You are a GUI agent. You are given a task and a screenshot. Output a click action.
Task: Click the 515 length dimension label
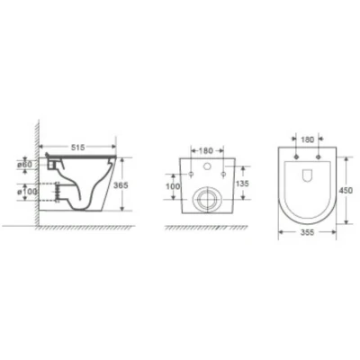(x=77, y=147)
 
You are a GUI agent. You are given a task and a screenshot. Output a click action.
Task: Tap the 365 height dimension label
(x=121, y=185)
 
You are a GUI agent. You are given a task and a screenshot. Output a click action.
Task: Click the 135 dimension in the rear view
(x=241, y=183)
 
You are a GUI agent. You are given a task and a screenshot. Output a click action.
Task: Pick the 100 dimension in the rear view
(x=173, y=186)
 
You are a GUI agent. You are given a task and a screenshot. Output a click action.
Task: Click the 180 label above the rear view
(x=206, y=150)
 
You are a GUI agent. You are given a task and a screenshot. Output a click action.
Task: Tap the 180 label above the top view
(x=307, y=139)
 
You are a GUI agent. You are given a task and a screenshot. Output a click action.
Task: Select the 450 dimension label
(x=346, y=191)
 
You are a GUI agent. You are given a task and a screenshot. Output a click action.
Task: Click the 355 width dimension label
(x=307, y=232)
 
